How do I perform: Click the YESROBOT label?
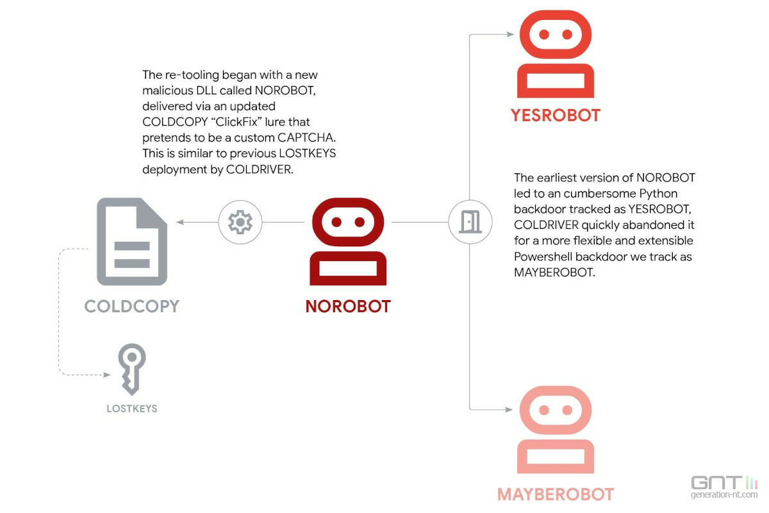(556, 116)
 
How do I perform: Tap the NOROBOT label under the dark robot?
(348, 307)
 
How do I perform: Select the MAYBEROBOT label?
(556, 494)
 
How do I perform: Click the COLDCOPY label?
(132, 306)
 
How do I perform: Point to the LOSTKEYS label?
(132, 408)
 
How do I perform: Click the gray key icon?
(132, 367)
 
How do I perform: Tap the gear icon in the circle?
(240, 222)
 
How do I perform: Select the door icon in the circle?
(470, 222)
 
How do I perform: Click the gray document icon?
(132, 242)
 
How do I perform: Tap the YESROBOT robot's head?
(556, 34)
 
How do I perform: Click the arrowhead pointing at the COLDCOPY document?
(181, 222)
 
